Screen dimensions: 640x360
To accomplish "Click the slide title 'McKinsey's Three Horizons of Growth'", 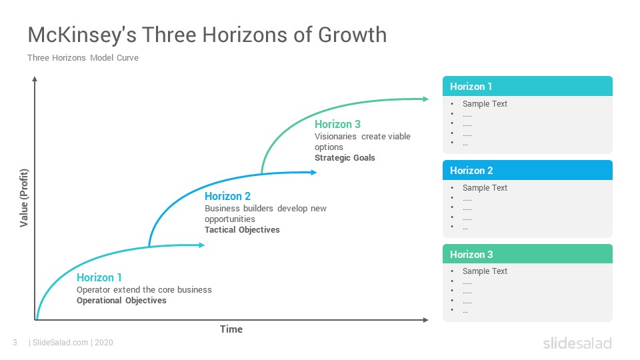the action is point(207,35).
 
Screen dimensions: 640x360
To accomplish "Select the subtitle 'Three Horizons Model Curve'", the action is point(83,58).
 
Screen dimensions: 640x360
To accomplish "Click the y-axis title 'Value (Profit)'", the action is point(24,198).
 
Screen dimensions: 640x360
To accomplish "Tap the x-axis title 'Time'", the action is point(231,329).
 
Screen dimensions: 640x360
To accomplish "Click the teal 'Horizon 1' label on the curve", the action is point(99,277).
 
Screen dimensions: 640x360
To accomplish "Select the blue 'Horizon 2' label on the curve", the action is point(228,196).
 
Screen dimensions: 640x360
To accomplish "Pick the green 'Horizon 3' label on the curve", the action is point(337,124).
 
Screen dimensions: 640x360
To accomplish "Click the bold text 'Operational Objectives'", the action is point(121,301).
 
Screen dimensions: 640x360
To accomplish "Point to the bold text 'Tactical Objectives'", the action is point(242,230).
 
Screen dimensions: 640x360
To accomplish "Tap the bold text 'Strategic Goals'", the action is point(345,157).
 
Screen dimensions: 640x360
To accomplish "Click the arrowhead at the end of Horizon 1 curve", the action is point(201,245).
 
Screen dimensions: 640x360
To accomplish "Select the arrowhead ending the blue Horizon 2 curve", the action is point(313,172).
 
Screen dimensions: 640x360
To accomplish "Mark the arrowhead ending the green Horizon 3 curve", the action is point(426,99).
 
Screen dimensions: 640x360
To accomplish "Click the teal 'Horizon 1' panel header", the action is point(527,86).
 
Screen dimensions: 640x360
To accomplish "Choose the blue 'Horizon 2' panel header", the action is point(527,170).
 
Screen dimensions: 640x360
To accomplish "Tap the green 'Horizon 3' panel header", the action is point(527,254).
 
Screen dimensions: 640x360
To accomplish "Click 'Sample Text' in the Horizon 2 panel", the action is point(485,188).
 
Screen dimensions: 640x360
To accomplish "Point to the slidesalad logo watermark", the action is point(577,343).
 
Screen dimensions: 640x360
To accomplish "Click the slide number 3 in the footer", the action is point(15,343).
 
